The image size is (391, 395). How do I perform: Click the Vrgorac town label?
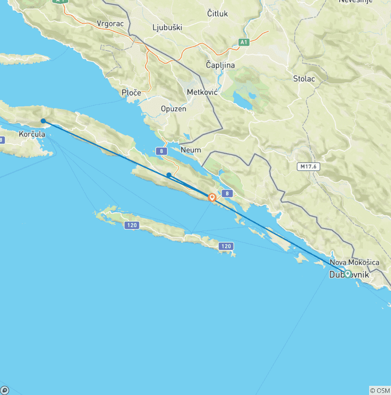[111, 23]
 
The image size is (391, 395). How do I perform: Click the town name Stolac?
[304, 79]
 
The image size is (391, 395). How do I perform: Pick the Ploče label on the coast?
[131, 93]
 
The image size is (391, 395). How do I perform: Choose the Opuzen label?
[174, 109]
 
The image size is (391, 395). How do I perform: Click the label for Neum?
[190, 150]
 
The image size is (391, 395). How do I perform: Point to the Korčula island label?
[32, 134]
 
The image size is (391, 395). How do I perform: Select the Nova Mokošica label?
[354, 263]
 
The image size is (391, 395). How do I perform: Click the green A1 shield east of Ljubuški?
[244, 42]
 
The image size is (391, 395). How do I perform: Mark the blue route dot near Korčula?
[43, 121]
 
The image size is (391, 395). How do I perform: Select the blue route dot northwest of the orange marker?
[169, 175]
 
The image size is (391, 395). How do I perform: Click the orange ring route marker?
[212, 197]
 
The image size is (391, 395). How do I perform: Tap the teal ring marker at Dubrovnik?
[348, 274]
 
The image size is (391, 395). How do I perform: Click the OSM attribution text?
[379, 390]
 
